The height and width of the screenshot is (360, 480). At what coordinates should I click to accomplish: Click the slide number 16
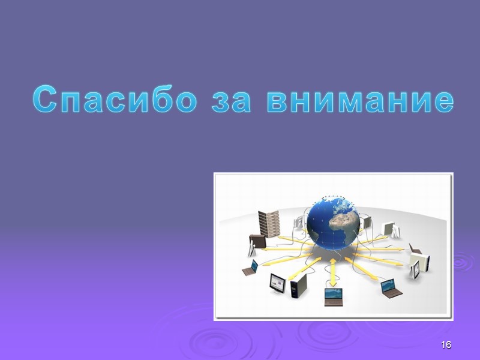445,345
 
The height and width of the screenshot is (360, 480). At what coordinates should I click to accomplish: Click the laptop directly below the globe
332,295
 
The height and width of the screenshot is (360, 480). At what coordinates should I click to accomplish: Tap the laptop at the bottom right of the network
391,287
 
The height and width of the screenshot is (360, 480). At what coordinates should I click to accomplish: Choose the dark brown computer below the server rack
257,242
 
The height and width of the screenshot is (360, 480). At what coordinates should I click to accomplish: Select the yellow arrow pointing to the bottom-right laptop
367,269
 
